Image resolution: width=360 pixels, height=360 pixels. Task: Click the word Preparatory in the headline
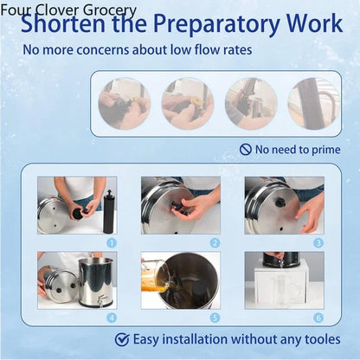(x=216, y=24)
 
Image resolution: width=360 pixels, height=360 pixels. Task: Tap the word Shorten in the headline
(x=63, y=23)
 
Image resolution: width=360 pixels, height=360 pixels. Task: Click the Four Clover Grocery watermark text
(x=68, y=10)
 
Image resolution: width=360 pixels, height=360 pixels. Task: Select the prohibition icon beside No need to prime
(x=246, y=150)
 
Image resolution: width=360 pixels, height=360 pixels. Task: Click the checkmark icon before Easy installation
(x=122, y=339)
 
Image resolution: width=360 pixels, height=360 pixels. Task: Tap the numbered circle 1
(x=112, y=243)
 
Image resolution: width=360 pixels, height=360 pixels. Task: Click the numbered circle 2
(x=215, y=243)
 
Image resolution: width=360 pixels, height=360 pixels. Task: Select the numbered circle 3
(x=318, y=243)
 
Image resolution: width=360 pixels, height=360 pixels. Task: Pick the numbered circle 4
(x=112, y=318)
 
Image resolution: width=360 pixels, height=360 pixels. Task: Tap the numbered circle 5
(x=215, y=318)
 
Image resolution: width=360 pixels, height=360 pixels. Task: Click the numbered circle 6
(x=318, y=318)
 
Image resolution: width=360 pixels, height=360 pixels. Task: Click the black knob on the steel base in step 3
(x=279, y=202)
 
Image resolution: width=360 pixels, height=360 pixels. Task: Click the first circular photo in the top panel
(x=125, y=103)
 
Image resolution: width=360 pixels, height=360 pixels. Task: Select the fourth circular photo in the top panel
(x=314, y=103)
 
